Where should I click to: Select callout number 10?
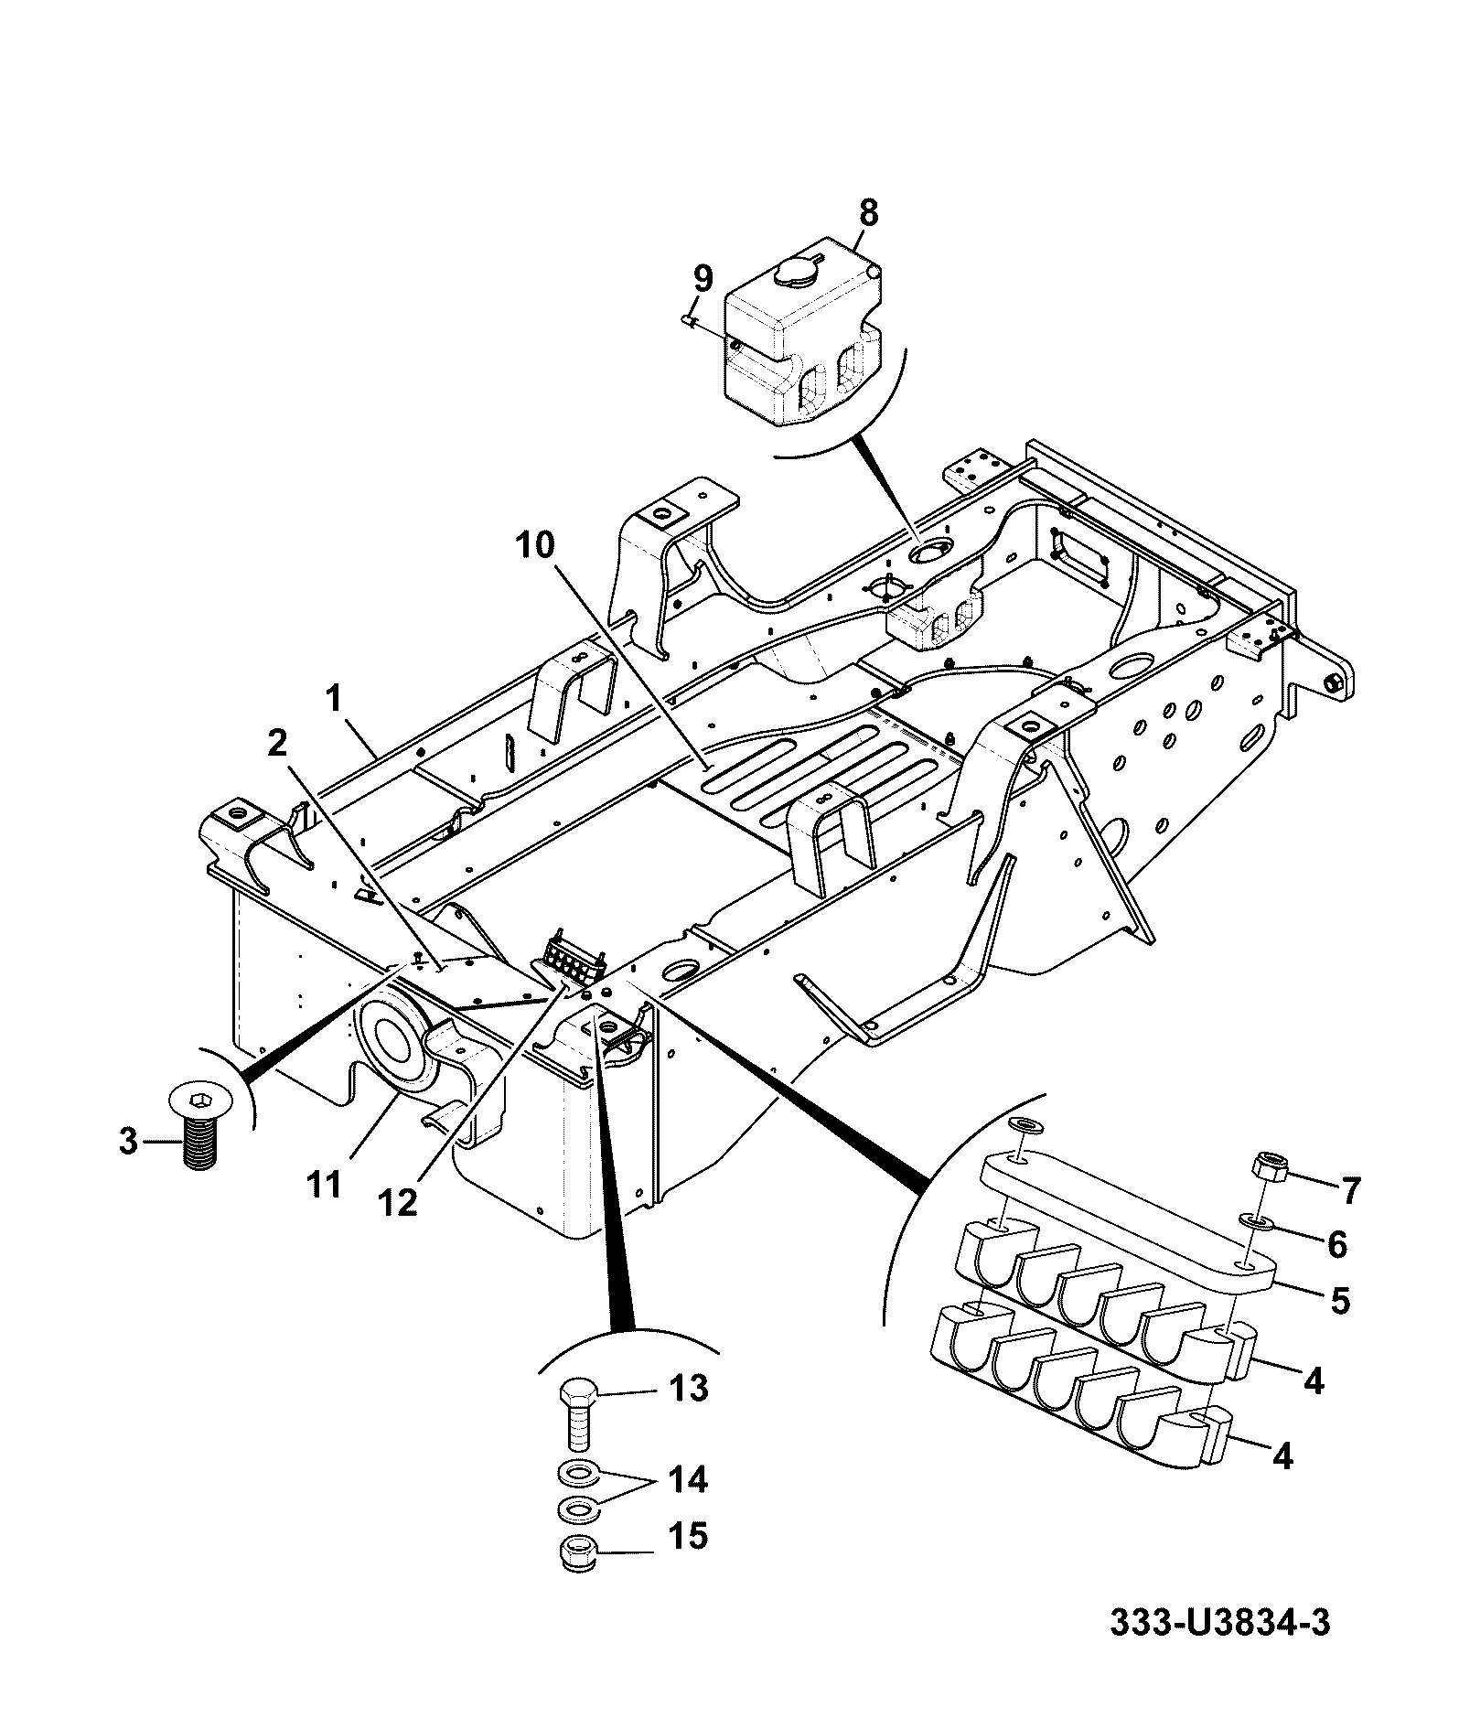(534, 546)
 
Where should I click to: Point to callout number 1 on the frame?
(333, 701)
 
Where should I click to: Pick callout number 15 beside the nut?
(687, 1536)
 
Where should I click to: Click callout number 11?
(325, 1185)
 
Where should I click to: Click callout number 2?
(275, 743)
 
